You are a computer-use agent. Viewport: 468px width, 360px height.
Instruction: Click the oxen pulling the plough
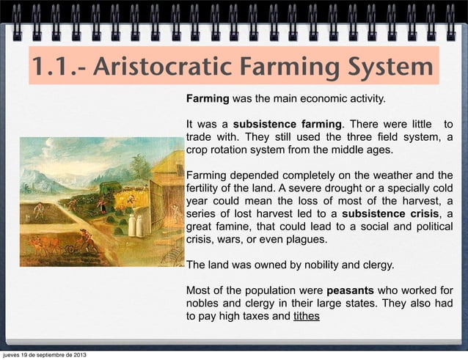click(x=43, y=242)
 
